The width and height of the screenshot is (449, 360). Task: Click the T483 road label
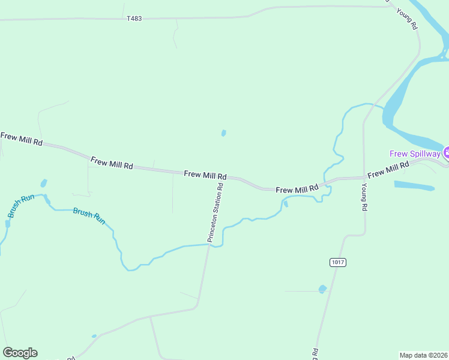pyautogui.click(x=134, y=19)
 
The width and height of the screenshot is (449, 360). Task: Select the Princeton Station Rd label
pyautogui.click(x=215, y=212)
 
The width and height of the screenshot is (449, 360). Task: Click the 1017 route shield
pyautogui.click(x=338, y=262)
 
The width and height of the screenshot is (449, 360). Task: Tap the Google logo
pyautogui.click(x=20, y=353)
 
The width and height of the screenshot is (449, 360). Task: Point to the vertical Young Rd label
pyautogui.click(x=364, y=197)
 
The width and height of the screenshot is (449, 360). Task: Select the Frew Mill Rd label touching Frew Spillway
pyautogui.click(x=388, y=169)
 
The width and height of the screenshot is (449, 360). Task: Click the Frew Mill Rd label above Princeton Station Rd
pyautogui.click(x=205, y=175)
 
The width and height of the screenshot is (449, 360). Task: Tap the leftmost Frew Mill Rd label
pyautogui.click(x=22, y=139)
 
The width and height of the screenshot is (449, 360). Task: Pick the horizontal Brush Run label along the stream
pyautogui.click(x=89, y=215)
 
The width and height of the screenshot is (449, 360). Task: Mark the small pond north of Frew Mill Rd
pyautogui.click(x=223, y=133)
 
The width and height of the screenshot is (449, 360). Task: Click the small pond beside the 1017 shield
pyautogui.click(x=322, y=289)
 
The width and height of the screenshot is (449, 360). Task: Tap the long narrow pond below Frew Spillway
pyautogui.click(x=414, y=185)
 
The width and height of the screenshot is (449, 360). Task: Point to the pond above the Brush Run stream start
pyautogui.click(x=43, y=183)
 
